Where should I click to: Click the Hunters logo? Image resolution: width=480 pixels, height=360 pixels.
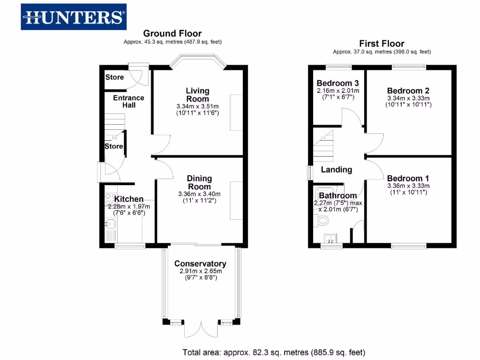(x=74, y=17)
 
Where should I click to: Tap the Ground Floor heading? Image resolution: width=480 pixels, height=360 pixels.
(x=172, y=33)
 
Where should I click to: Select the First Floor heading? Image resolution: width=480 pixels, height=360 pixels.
(x=382, y=43)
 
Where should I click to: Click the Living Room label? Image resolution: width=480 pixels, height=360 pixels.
(x=197, y=95)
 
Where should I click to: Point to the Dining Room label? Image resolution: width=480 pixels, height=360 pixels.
(x=199, y=182)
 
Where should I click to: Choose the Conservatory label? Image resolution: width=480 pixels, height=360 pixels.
(x=200, y=264)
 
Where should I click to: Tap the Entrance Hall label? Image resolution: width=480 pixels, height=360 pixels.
(x=128, y=101)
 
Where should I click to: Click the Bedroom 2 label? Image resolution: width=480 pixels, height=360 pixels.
(x=408, y=91)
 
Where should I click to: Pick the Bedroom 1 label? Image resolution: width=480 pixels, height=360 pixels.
(x=408, y=179)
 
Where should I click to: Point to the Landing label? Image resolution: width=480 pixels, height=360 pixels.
(x=336, y=170)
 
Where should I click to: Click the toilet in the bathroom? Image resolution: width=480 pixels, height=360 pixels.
(x=322, y=220)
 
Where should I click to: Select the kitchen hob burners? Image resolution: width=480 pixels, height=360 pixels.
(x=111, y=199)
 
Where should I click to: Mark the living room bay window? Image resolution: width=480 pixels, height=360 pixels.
(x=197, y=61)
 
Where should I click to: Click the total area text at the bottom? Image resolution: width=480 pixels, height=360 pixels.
(x=273, y=352)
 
